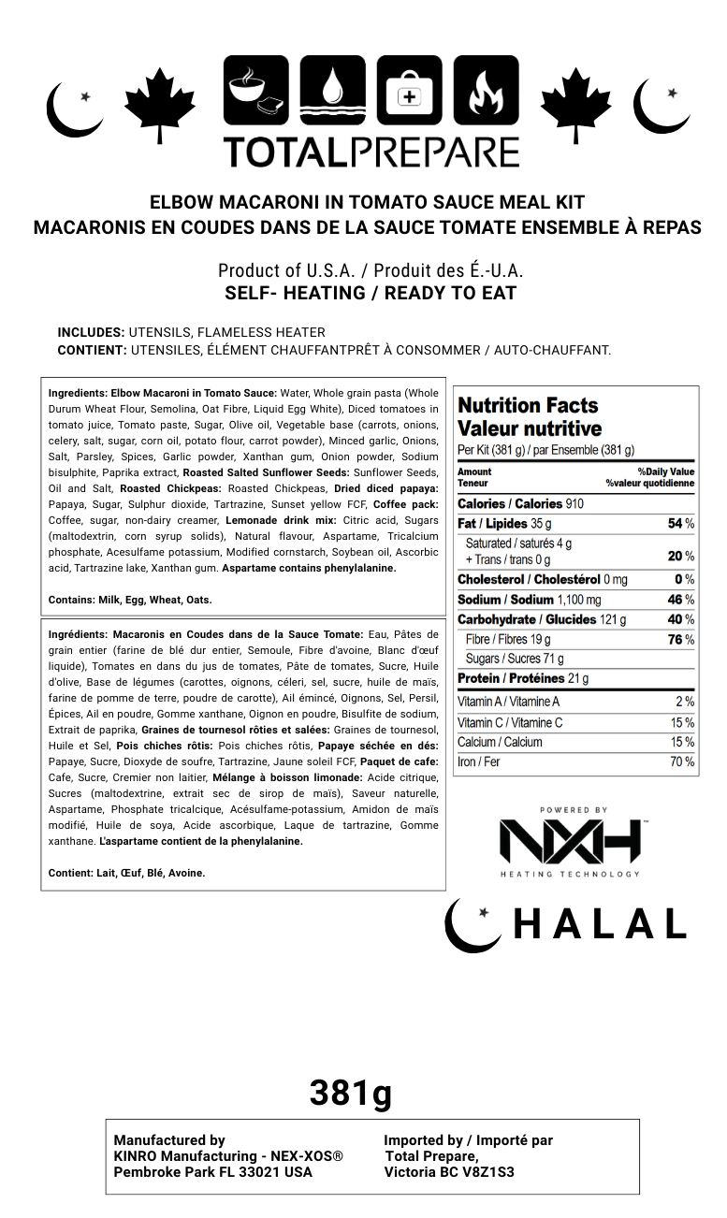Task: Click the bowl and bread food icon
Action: click(256, 90)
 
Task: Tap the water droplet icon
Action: click(333, 90)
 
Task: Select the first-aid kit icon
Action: click(410, 90)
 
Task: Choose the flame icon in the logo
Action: click(486, 90)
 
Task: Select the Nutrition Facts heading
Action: click(528, 406)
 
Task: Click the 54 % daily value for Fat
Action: click(680, 524)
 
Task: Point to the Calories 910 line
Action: click(520, 503)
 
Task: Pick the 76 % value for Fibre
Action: click(680, 640)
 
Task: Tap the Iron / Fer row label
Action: click(479, 761)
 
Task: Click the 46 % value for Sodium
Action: click(680, 600)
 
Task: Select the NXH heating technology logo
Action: click(570, 842)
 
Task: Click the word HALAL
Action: click(600, 924)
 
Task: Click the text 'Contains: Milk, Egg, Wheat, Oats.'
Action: click(130, 600)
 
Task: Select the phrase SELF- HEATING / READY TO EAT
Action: click(371, 293)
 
